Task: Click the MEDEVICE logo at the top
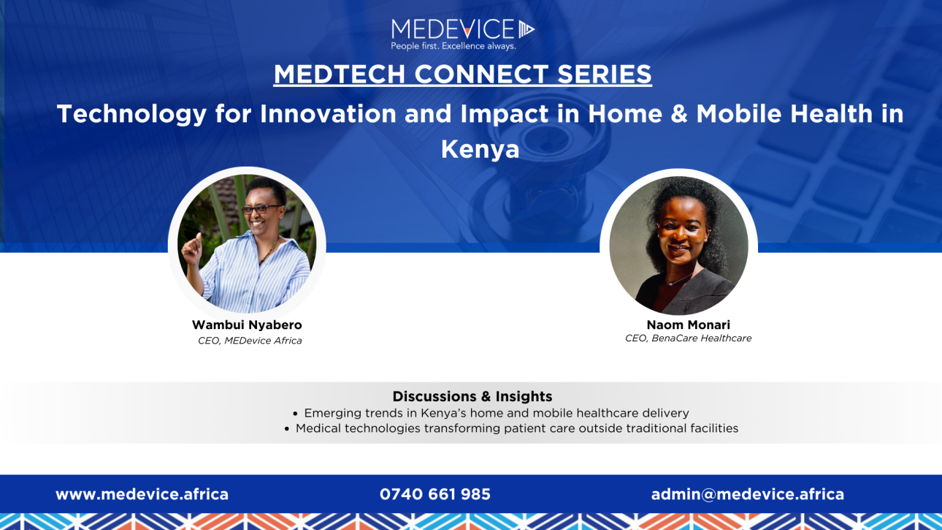click(462, 29)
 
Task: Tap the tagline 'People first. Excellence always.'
click(453, 46)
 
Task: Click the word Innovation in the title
click(328, 113)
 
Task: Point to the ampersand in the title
click(678, 113)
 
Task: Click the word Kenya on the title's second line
click(480, 149)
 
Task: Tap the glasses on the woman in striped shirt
click(261, 209)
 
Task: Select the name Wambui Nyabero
click(247, 325)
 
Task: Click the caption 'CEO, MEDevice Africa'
click(250, 341)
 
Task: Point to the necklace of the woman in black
click(678, 279)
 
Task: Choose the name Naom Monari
click(689, 325)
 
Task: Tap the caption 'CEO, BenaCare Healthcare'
click(688, 338)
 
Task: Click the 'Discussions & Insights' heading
click(472, 396)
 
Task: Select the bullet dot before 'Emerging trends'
click(295, 414)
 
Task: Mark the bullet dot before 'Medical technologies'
click(287, 429)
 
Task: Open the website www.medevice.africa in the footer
click(142, 494)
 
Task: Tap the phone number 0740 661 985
click(434, 494)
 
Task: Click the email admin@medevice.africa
click(747, 494)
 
